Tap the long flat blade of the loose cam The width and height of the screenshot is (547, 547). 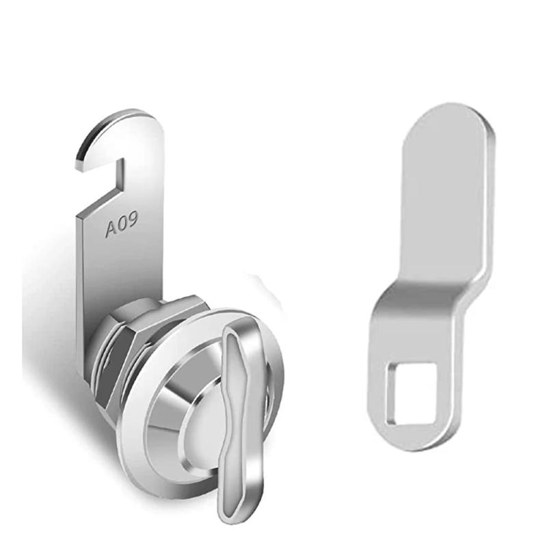coord(444,205)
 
